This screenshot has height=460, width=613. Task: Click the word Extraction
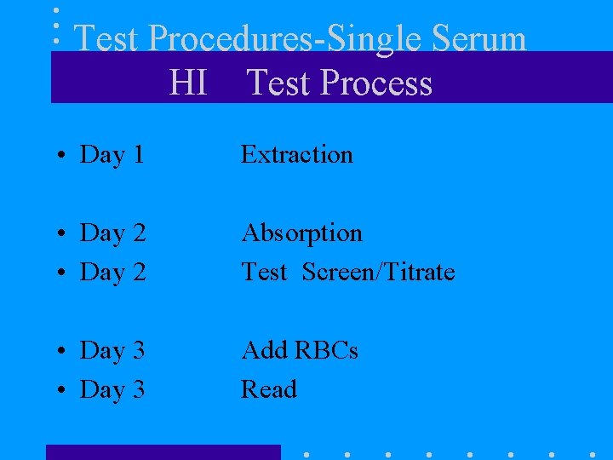click(296, 154)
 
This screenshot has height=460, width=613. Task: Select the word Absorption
click(301, 233)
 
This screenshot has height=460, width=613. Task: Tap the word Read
click(269, 389)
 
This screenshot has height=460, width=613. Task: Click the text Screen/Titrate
click(378, 272)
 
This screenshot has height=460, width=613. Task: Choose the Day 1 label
click(112, 155)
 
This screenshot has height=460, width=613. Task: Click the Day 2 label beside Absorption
click(112, 233)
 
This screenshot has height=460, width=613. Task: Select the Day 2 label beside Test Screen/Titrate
click(112, 273)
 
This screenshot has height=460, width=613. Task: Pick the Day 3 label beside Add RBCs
click(112, 350)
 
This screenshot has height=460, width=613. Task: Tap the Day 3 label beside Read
click(112, 390)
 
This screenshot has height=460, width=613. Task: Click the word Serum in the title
click(478, 39)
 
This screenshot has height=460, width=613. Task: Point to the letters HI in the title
click(188, 83)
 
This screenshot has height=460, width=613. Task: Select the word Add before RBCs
click(264, 350)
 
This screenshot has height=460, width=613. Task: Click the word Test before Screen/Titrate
click(264, 272)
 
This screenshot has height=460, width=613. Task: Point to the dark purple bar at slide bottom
click(163, 452)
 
